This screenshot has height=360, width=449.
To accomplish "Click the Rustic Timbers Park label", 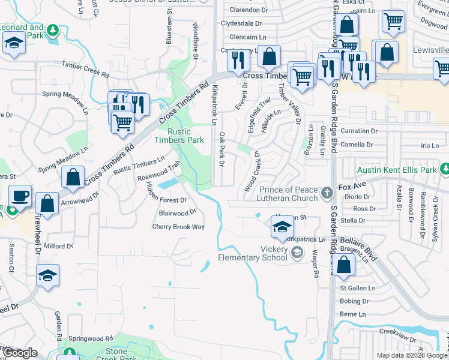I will point(172,136).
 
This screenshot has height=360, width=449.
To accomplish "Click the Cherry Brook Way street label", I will point(178,227).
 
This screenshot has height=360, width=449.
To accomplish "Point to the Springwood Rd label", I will point(91,338).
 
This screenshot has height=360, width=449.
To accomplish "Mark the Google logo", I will point(20,353).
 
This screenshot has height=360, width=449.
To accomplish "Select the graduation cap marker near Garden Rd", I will point(47,275).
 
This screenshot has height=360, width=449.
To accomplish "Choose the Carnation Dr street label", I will point(358,131).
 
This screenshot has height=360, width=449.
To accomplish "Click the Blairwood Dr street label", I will point(178,212).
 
